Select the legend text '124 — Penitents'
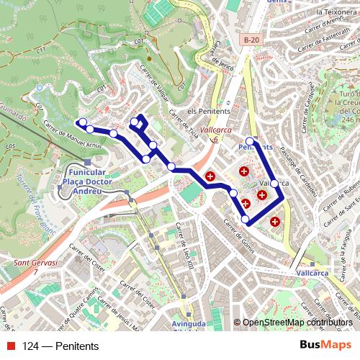click(60, 346)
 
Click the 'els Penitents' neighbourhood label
click(207, 112)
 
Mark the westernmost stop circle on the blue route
click(82, 122)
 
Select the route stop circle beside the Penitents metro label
click(250, 140)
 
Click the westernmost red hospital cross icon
click(210, 176)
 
